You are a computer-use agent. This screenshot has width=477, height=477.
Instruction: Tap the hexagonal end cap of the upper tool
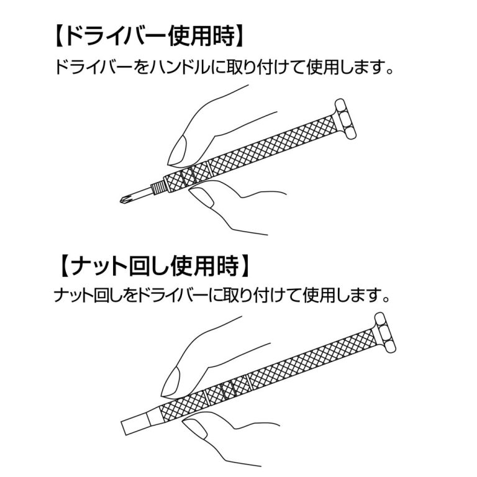[345, 119]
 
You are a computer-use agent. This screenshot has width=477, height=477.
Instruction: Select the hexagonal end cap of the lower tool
[385, 333]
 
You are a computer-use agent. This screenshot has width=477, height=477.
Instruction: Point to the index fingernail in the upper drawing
[178, 150]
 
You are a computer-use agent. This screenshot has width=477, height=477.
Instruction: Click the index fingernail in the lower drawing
[171, 382]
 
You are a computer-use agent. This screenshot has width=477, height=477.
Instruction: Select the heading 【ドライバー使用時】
[149, 37]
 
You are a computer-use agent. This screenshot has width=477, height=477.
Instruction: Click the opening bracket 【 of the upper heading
[60, 37]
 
